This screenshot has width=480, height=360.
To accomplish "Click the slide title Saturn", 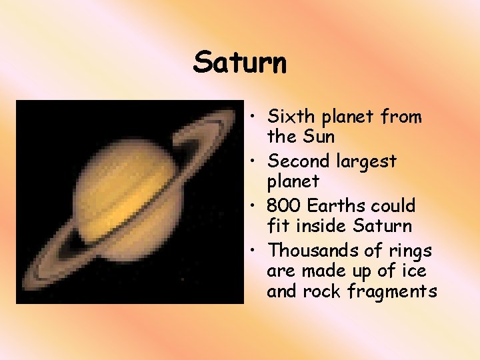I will (x=240, y=63).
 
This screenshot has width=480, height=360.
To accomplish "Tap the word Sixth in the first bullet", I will (x=289, y=117).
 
